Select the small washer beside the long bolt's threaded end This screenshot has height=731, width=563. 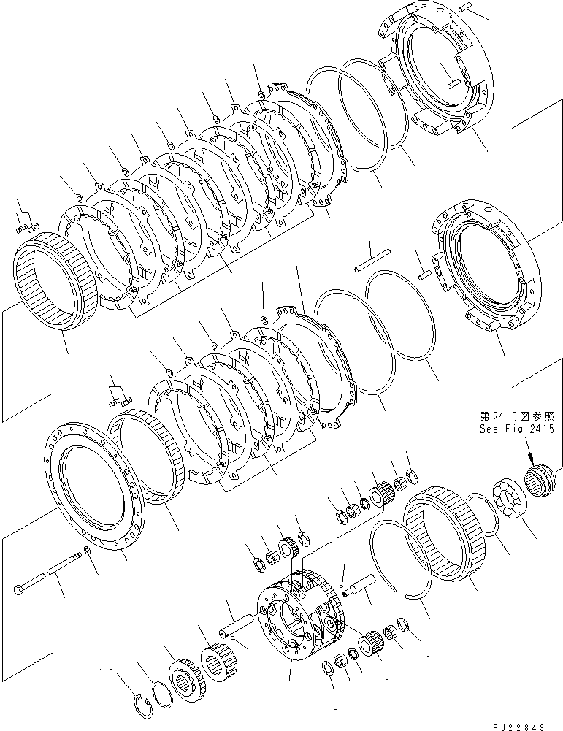click(88, 549)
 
